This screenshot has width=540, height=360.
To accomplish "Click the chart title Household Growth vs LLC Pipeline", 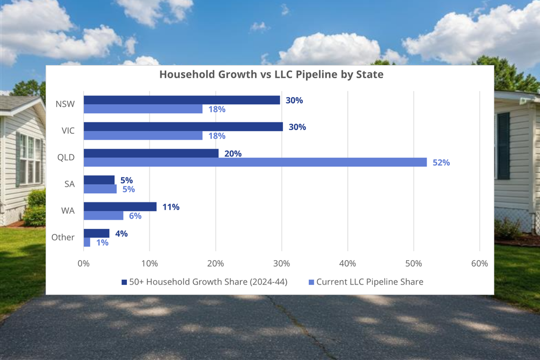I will pos(271,75).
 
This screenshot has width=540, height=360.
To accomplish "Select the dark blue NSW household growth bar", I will pos(181,100).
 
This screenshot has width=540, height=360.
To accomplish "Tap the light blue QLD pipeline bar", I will pos(255,162).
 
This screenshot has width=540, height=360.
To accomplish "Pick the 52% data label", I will pos(441,162).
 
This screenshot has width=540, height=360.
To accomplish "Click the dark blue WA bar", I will pos(120,207).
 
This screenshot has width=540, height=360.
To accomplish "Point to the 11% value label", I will pos(171,207).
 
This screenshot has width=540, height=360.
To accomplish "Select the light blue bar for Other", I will pos(87,242).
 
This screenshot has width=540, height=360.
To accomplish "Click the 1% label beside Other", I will pos(103,243).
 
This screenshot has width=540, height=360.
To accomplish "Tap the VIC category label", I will pos(67,131).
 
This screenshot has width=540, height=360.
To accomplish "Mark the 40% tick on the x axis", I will pos(347,263).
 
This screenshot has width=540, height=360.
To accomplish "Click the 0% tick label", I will pos(84,263).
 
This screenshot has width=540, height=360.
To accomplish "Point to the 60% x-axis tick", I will pos(479,263).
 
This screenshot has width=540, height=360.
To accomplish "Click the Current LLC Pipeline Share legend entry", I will pos(369,282).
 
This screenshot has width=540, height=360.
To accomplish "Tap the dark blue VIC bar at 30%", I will pos(183,126).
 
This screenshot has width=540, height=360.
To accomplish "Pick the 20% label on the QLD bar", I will pos(233,153).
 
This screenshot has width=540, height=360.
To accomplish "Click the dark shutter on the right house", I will pos(503,146).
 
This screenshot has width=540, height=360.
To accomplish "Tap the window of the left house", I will pos(30,160).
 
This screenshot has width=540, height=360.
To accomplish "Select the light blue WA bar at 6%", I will pos(103,215).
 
